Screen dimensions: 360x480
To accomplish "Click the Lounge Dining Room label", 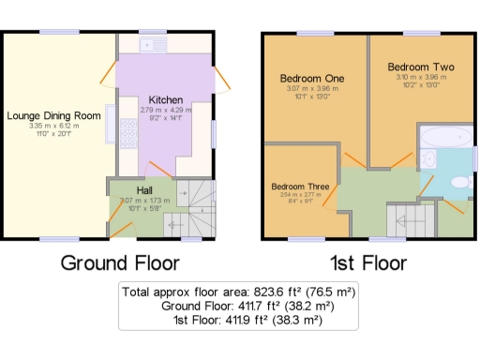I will click(53, 115).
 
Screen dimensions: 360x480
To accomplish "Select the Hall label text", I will click(145, 190).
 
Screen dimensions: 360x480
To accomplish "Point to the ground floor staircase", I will click(193, 211).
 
